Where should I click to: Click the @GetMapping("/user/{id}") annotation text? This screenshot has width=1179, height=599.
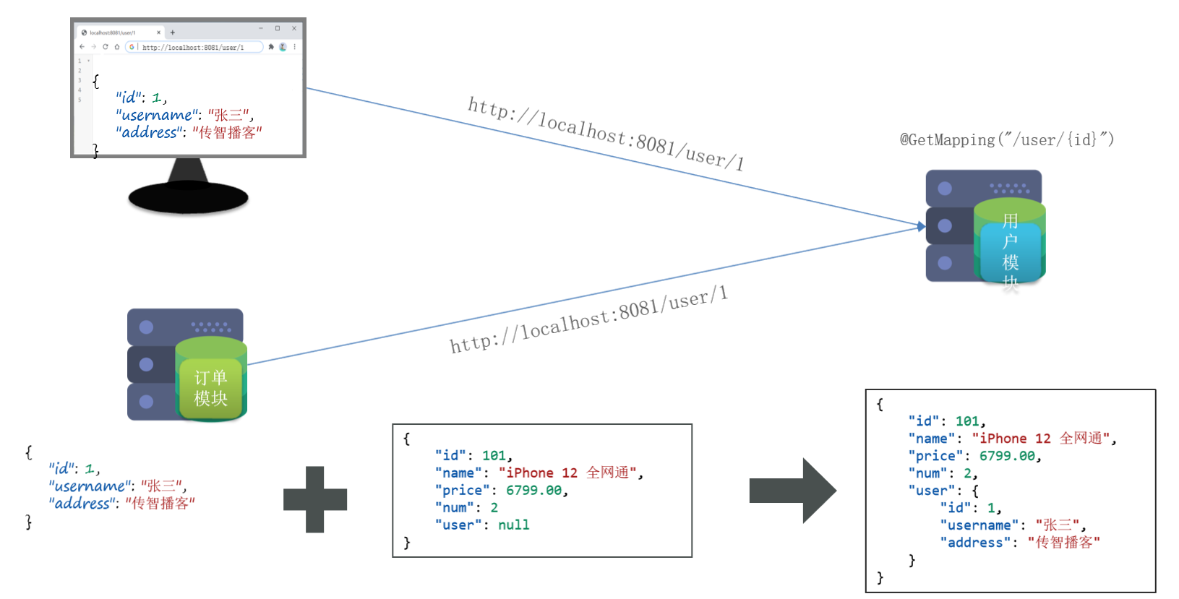(x=1006, y=139)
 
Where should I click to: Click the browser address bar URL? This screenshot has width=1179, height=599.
(x=192, y=48)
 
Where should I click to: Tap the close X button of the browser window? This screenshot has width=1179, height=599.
(x=294, y=28)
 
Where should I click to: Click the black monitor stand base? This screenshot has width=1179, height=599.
(x=188, y=197)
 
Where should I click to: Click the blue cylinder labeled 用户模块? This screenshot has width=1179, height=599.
(x=1010, y=249)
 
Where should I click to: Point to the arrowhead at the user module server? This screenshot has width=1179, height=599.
(x=921, y=226)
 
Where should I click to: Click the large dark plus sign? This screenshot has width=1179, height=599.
(x=315, y=499)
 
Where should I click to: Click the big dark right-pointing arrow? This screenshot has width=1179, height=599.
(x=792, y=491)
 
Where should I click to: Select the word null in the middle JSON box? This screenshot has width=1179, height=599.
(x=513, y=525)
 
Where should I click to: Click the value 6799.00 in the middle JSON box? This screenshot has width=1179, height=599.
(x=533, y=490)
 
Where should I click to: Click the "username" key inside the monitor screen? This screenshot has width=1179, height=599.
(x=156, y=115)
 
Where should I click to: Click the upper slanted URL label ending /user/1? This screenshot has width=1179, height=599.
(x=606, y=133)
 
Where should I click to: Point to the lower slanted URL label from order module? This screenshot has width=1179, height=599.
(x=588, y=319)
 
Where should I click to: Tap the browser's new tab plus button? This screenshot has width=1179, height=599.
(x=173, y=33)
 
